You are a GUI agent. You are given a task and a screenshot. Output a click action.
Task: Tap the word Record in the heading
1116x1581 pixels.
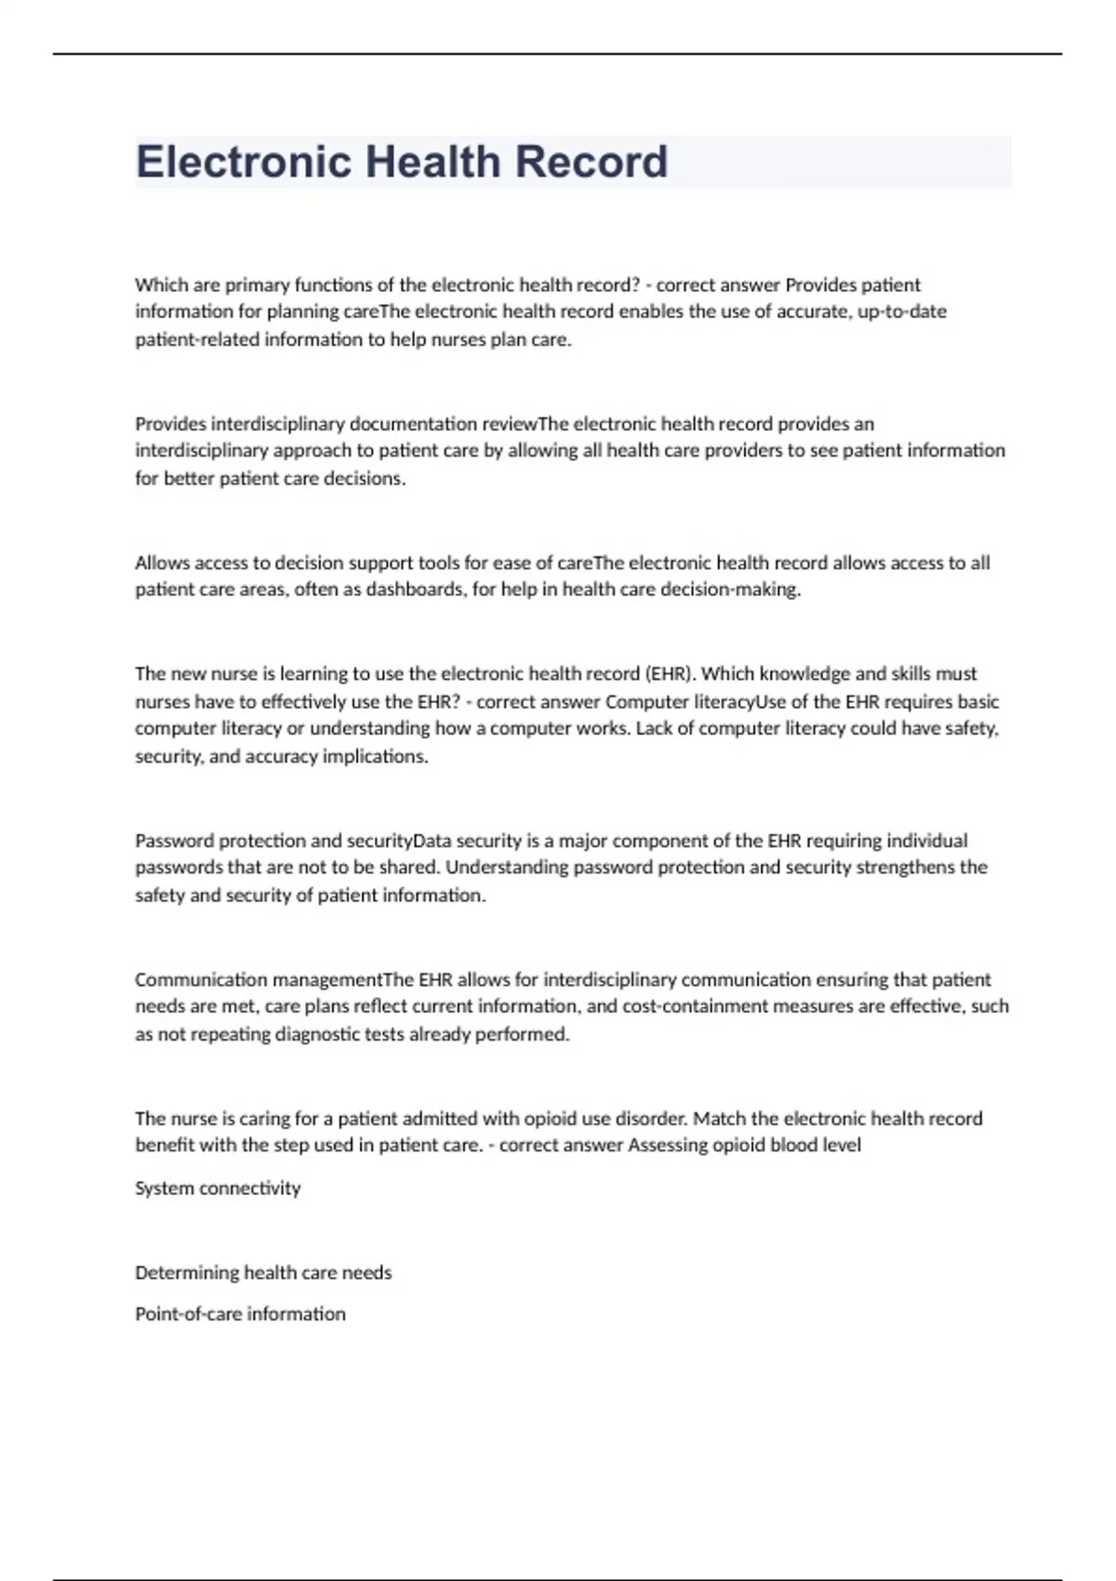pos(591,162)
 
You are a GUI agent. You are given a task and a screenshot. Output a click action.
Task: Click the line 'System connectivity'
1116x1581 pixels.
pos(218,1189)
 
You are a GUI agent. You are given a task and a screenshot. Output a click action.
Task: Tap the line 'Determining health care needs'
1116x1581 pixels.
pos(263,1272)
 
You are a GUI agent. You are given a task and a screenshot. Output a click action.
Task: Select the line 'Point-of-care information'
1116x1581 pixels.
pos(240,1314)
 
